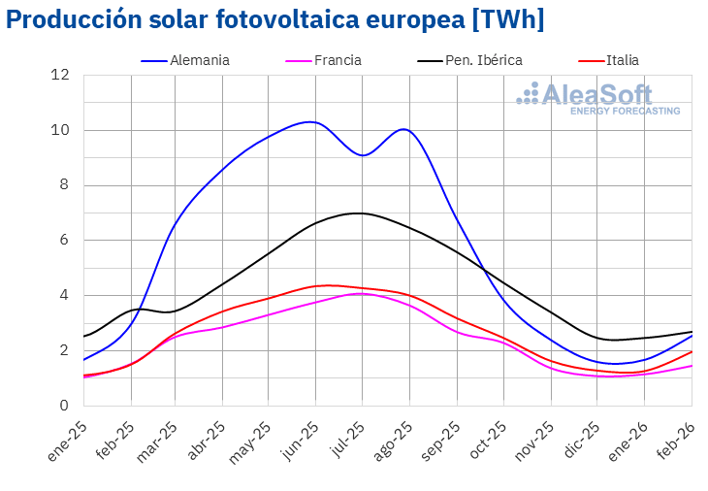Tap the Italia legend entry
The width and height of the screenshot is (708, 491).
coord(621,60)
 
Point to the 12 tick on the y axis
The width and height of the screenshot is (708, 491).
coord(61,76)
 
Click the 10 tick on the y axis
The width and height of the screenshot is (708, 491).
coord(61,131)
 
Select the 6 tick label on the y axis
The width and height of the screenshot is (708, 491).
coord(64,241)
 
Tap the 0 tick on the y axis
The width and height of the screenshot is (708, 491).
coord(64,406)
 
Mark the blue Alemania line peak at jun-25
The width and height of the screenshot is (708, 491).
coord(310,121)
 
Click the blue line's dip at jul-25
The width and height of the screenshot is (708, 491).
coord(362,155)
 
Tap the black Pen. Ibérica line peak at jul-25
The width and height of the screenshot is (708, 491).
coord(360,213)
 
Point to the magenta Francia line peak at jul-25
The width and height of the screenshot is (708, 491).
coord(360,293)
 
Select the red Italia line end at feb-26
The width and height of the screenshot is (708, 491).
coord(692,351)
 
